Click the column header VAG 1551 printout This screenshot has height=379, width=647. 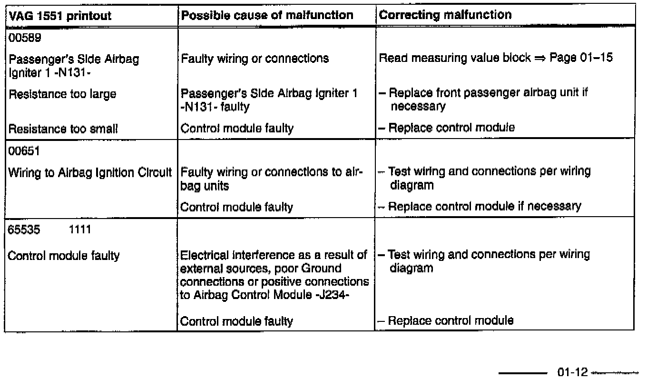coord(60,16)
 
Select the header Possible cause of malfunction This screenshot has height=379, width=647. coord(267,16)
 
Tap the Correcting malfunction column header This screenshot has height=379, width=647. coord(445,15)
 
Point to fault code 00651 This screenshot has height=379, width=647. coord(22,151)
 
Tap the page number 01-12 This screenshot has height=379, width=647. coord(572,372)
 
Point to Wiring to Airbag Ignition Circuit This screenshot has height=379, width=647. coord(90,173)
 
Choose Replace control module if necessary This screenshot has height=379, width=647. coord(484,206)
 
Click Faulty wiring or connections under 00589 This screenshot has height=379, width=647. coord(255,59)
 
